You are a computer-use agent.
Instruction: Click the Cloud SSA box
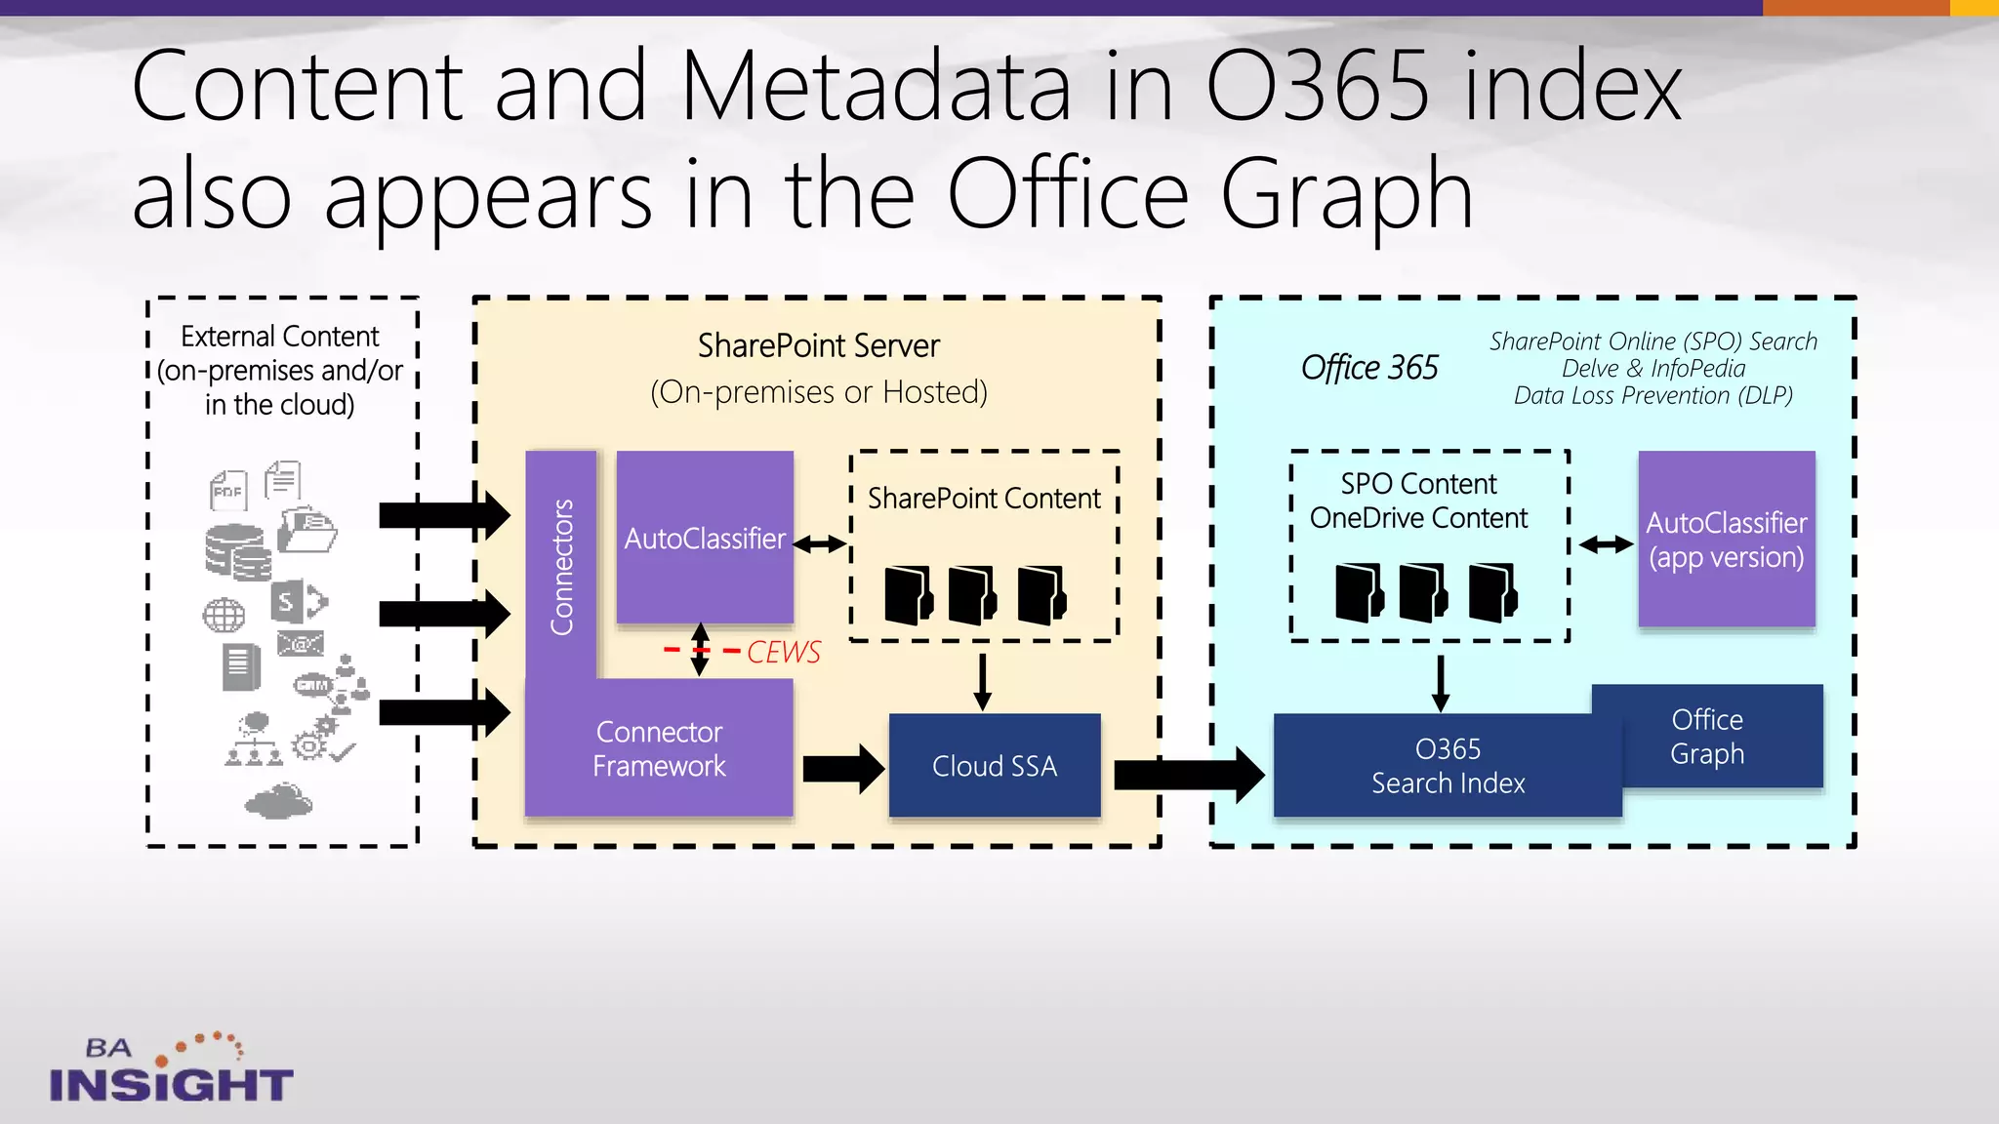[x=994, y=766]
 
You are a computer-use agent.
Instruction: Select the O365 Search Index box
[x=1447, y=766]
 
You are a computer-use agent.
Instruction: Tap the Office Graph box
[x=1707, y=737]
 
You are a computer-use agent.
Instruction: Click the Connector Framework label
[x=659, y=749]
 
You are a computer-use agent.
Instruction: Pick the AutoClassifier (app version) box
[x=1726, y=540]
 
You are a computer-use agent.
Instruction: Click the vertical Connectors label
[x=561, y=566]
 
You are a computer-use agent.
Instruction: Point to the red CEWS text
[x=783, y=652]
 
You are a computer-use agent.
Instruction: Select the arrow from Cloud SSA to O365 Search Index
[x=1187, y=775]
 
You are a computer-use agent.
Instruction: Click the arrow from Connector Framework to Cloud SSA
[x=842, y=769]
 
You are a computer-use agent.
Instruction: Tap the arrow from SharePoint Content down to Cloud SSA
[x=982, y=681]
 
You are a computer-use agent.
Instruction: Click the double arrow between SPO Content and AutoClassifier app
[x=1606, y=544]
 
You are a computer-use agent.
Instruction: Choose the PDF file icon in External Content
[x=228, y=490]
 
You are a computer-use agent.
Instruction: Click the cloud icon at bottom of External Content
[x=278, y=801]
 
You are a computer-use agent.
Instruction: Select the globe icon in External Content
[x=224, y=616]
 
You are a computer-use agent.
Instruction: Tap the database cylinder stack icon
[x=237, y=553]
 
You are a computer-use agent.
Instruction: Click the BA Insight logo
[x=171, y=1070]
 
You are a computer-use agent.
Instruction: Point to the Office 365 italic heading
[x=1368, y=368]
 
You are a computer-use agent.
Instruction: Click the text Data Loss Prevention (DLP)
[x=1652, y=396]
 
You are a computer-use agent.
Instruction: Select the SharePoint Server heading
[x=818, y=345]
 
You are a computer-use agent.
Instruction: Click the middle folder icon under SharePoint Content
[x=971, y=594]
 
